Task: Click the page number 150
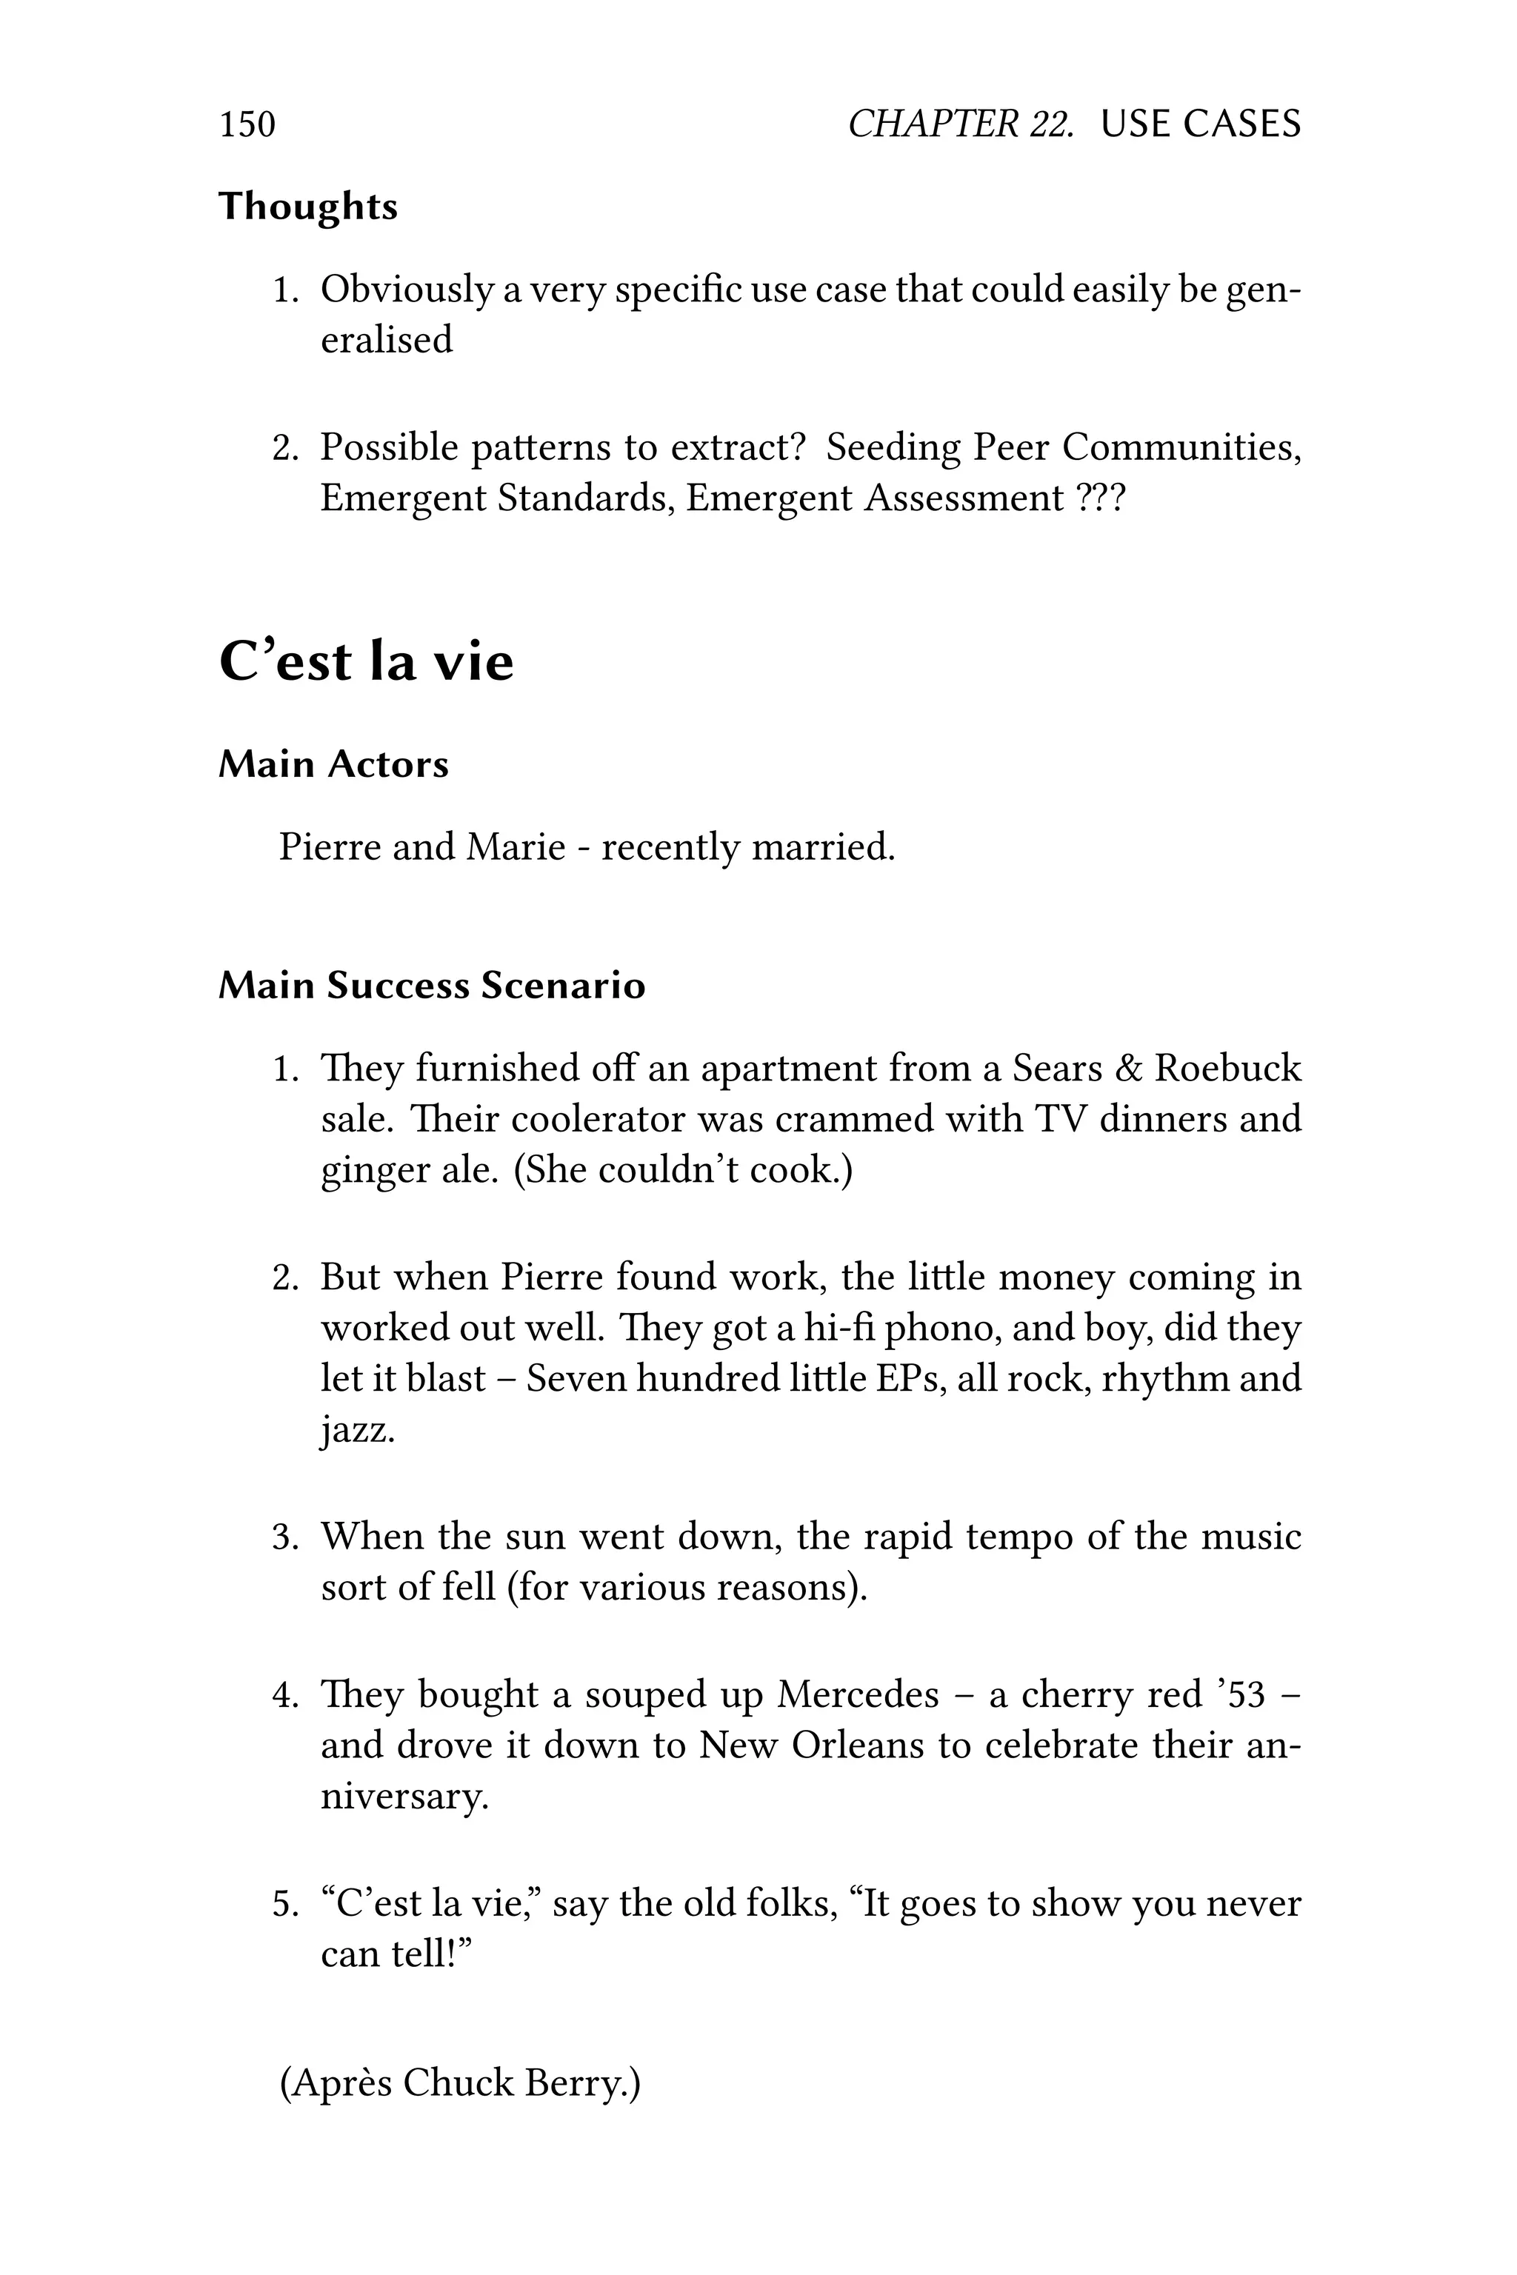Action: tap(247, 124)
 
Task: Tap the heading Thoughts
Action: tap(307, 207)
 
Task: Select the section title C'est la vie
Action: tap(366, 663)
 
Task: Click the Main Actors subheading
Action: tap(334, 764)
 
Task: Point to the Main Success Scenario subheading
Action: tap(432, 986)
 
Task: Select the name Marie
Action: tap(515, 847)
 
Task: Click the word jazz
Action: tap(357, 1429)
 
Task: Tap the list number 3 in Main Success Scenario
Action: tap(284, 1537)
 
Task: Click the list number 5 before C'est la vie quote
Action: tap(284, 1903)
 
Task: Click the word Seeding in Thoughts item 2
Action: tap(891, 448)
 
